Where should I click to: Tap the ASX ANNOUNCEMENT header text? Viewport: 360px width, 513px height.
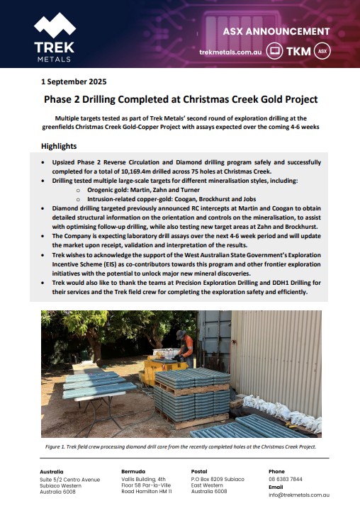click(276, 32)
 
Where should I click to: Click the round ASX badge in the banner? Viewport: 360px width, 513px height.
click(322, 52)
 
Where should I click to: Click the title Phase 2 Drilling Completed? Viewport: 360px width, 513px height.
click(181, 100)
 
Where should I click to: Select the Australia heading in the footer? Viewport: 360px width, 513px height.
click(52, 471)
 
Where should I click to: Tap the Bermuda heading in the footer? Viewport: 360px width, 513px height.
click(133, 471)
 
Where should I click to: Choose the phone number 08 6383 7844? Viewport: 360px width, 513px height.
click(286, 479)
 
